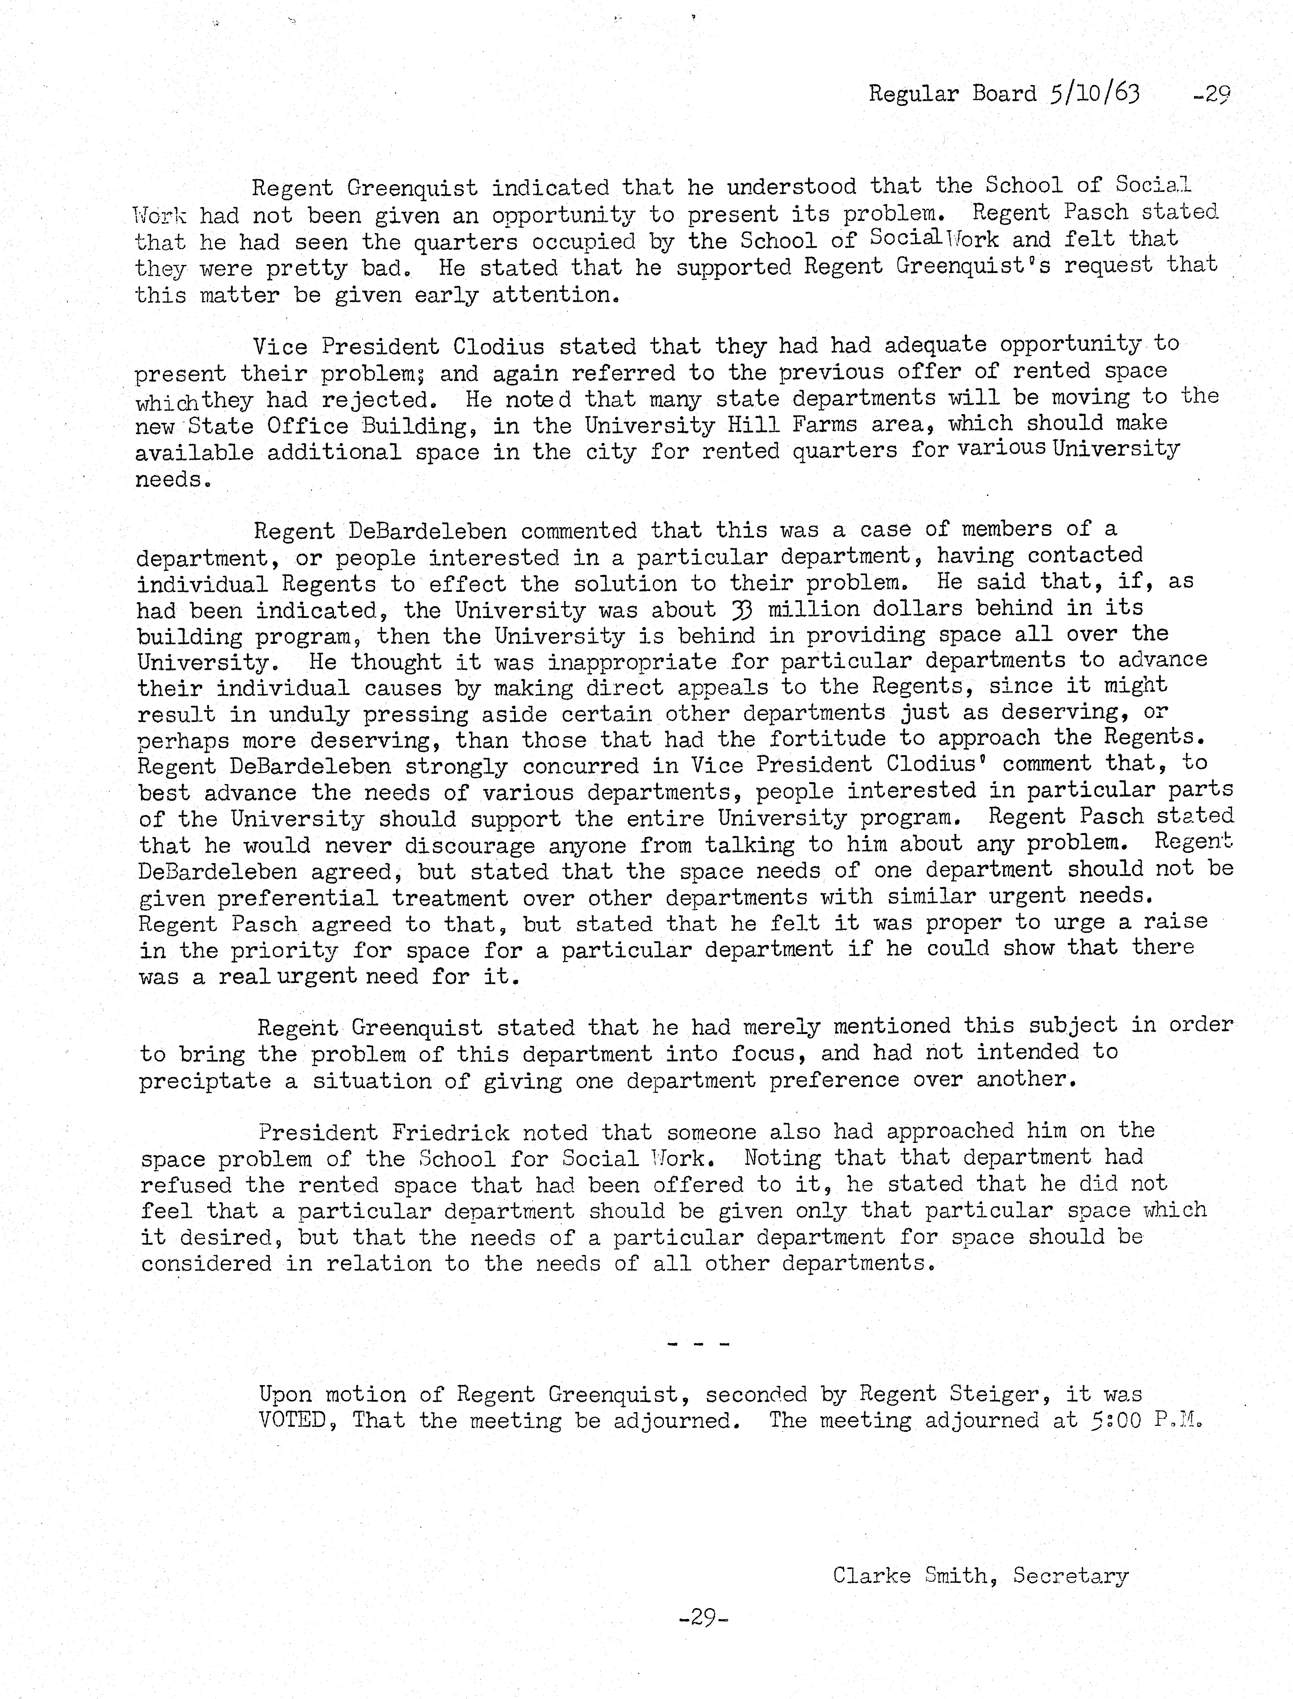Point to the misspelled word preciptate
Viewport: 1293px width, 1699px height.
pyautogui.click(x=205, y=1080)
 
